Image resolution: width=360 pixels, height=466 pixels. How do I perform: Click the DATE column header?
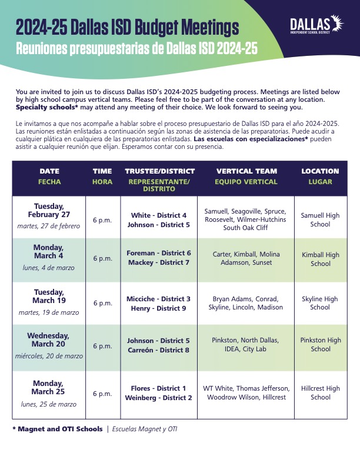click(x=49, y=171)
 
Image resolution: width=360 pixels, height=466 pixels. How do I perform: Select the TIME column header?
click(x=102, y=171)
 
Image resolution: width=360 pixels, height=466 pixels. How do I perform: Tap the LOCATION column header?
click(x=320, y=171)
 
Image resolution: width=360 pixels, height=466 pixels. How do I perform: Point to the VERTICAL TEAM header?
click(x=246, y=171)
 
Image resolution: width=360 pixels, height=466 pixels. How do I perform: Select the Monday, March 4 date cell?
click(x=49, y=260)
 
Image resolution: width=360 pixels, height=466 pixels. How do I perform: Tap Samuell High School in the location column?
click(x=320, y=219)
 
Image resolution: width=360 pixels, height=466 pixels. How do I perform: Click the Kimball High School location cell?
click(x=320, y=259)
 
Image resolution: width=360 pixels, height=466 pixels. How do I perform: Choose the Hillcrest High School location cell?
click(x=320, y=392)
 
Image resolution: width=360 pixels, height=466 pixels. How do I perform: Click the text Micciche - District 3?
click(x=159, y=299)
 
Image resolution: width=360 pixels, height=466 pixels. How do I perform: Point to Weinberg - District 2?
click(x=159, y=398)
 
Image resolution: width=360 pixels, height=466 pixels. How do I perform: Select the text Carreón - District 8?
click(x=159, y=350)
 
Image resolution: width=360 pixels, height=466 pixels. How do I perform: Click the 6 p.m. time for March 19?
click(x=102, y=304)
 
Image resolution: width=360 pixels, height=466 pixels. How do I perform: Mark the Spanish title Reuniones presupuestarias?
click(x=136, y=48)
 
